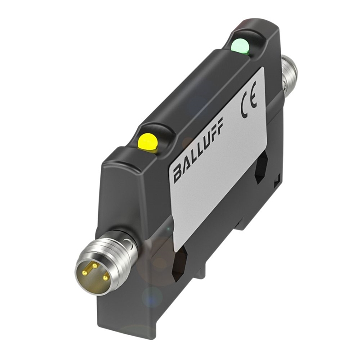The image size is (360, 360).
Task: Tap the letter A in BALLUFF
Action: click(185, 166)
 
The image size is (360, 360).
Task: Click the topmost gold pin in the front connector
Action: click(94, 265)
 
